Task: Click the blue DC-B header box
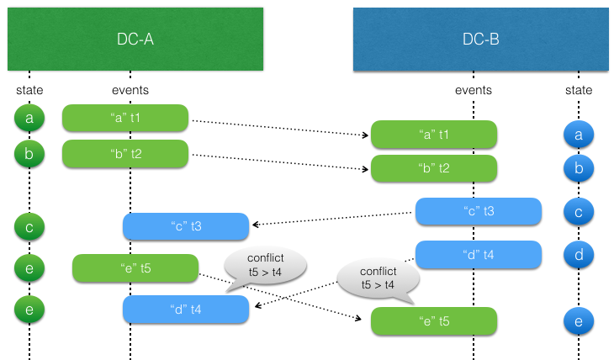[x=481, y=39]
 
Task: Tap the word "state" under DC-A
[x=29, y=90]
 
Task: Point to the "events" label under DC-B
[x=473, y=90]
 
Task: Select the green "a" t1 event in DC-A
[x=124, y=119]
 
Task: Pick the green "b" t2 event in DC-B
[x=434, y=168]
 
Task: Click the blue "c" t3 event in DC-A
[x=186, y=225]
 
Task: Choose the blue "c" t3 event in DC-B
[x=478, y=211]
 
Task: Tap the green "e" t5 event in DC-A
[x=135, y=268]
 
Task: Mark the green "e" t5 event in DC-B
[x=434, y=321]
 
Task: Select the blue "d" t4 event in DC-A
[x=186, y=309]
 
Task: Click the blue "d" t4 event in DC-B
[x=478, y=254]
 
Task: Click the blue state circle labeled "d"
[x=579, y=254]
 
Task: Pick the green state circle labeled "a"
[x=29, y=119]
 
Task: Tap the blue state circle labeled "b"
[x=579, y=168]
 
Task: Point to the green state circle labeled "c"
[x=29, y=225]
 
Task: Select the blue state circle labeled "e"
[x=579, y=321]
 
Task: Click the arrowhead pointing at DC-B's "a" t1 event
[x=367, y=135]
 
